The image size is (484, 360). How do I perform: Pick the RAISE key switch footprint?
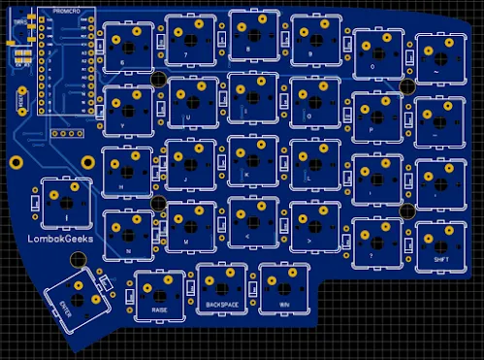pos(159,293)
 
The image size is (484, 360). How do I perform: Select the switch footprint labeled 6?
pos(128,46)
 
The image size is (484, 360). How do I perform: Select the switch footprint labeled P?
pos(376,115)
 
